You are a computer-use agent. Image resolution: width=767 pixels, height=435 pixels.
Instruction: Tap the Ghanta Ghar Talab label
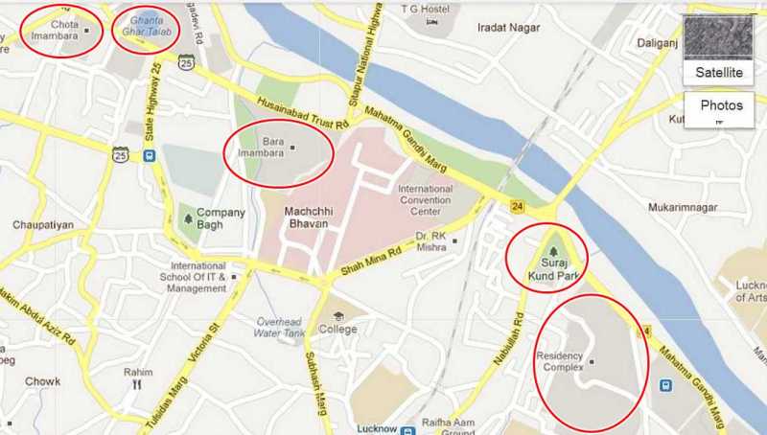[x=145, y=30]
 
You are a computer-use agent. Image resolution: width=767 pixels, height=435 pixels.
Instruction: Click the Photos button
[x=721, y=106]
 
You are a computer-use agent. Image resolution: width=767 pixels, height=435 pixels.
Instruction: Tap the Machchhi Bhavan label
[x=307, y=217]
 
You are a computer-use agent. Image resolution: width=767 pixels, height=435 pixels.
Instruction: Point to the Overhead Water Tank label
[x=279, y=326]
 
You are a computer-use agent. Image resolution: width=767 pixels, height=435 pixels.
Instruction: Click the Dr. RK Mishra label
[x=433, y=240]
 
